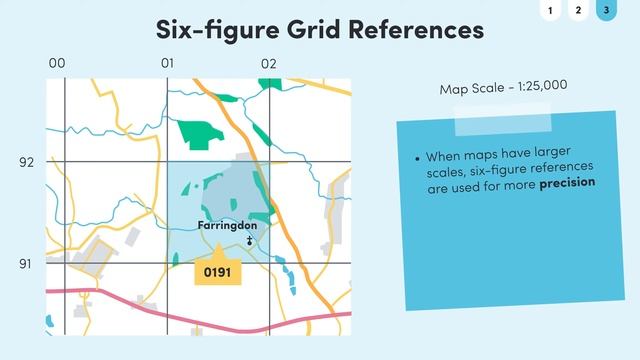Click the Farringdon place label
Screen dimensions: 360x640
coord(227,225)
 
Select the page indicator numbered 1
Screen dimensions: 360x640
coord(550,11)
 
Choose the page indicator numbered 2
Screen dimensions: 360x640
coord(577,11)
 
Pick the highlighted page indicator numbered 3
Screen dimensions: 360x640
coord(604,11)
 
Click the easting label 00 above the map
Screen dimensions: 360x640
coord(57,63)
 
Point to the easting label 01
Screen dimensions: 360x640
coord(167,63)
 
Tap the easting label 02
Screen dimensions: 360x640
coord(268,63)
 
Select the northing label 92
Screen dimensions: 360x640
coord(26,161)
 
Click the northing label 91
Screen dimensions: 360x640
coord(26,263)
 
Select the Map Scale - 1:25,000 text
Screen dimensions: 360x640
coord(503,88)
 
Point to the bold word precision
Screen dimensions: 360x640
coord(567,183)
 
